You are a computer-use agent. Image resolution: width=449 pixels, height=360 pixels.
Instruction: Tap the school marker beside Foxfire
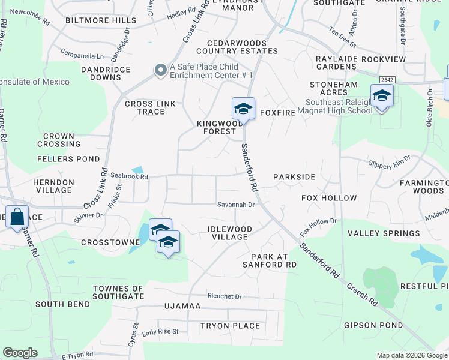243,109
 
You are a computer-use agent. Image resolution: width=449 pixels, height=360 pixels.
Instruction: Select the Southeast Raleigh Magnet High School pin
381,95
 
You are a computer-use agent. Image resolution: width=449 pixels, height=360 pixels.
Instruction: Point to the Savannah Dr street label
236,205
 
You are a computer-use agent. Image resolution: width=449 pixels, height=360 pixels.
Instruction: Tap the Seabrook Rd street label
129,176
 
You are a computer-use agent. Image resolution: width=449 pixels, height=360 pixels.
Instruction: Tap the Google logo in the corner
20,353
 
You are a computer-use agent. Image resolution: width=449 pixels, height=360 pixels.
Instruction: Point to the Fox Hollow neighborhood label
329,198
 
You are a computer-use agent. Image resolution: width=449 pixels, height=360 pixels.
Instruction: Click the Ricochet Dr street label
224,296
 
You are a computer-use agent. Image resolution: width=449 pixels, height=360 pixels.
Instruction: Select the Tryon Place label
230,326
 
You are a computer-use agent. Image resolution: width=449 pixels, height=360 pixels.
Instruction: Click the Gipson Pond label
373,325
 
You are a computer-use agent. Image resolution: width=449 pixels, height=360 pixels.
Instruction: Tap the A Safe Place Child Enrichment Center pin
161,71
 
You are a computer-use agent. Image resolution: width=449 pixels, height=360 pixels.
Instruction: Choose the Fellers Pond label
68,159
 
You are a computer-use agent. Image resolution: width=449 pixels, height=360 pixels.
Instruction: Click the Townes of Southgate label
118,293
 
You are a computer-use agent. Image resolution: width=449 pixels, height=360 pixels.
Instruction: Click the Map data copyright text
411,355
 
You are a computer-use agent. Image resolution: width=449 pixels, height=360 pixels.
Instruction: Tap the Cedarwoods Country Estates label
242,47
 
